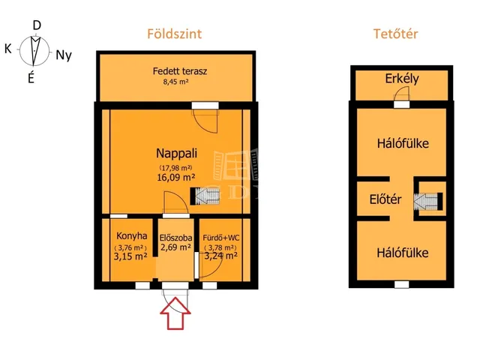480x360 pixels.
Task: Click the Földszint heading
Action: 175,34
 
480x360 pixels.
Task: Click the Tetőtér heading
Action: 395,34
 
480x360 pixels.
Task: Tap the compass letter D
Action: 37,25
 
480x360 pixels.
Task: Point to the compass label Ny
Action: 64,55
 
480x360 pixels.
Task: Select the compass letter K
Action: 8,49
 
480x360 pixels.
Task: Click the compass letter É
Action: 31,78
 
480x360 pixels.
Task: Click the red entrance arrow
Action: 175,313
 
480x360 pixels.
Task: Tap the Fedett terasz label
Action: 180,71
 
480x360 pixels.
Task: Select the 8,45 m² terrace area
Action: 175,82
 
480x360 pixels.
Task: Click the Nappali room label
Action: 177,153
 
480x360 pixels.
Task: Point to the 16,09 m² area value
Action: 176,177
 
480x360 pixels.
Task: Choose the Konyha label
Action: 132,236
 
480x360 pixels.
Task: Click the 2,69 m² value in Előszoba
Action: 176,247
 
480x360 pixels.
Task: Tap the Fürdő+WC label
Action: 221,238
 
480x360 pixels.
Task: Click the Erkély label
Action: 402,79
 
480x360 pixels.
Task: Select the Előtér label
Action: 385,199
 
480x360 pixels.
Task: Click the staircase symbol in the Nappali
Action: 205,196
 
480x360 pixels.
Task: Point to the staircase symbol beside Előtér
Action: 428,201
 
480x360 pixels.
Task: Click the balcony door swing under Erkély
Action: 402,94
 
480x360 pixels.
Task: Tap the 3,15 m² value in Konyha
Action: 130,256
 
